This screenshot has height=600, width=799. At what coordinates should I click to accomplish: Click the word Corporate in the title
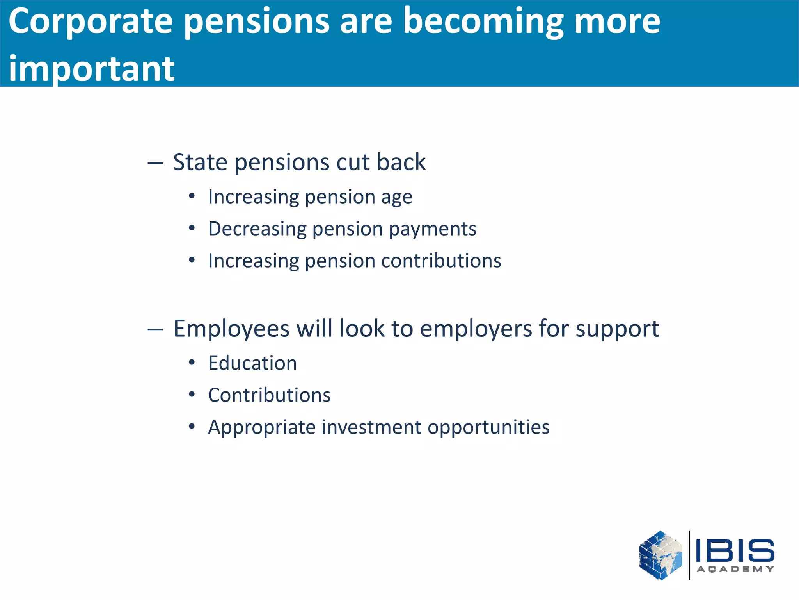pos(91,22)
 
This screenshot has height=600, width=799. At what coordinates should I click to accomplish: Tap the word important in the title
pos(92,70)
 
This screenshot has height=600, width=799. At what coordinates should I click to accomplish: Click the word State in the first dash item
pos(200,162)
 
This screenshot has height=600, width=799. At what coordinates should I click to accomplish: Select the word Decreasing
pos(257,229)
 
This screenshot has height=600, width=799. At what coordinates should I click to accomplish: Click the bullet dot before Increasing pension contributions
pos(192,260)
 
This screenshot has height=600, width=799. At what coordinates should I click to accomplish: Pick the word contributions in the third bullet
pos(441,261)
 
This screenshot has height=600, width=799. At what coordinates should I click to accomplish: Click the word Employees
pos(231,329)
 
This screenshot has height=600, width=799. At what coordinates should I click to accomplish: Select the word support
pos(617,329)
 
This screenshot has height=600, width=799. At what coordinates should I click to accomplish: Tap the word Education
pos(252,363)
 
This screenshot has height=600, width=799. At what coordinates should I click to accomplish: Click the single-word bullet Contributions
pos(269,395)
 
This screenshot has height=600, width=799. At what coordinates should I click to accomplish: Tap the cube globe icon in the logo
pos(660,555)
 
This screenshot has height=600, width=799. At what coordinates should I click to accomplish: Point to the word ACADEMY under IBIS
pos(735,569)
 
